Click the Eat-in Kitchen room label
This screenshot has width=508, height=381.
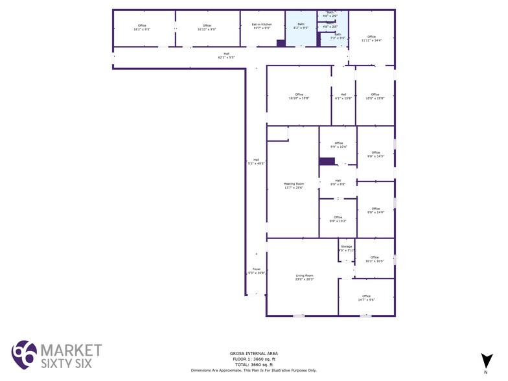click(x=262, y=27)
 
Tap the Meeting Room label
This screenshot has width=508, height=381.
click(x=294, y=186)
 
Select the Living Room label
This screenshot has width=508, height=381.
click(x=305, y=277)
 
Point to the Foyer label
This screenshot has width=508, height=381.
click(x=256, y=271)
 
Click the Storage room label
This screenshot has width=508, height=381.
click(x=347, y=248)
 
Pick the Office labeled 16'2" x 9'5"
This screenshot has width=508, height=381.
click(x=142, y=27)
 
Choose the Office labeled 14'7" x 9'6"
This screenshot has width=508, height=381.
click(x=367, y=297)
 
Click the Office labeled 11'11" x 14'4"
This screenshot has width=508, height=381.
click(x=371, y=38)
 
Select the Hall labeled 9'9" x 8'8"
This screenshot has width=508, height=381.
click(x=338, y=182)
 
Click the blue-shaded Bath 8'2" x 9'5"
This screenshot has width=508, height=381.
click(x=301, y=27)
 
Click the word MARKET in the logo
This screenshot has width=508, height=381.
click(x=71, y=350)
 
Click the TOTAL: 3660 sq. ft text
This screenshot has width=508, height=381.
click(x=253, y=365)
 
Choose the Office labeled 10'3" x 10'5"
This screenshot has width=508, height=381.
click(x=375, y=259)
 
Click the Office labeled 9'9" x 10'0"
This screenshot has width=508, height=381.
click(x=338, y=144)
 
